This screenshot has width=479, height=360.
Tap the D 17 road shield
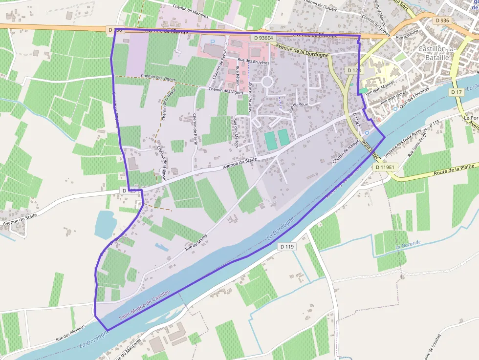457,92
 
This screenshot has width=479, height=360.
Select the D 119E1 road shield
386,167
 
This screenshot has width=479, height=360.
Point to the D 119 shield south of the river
287,247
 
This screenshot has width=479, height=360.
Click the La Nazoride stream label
408,245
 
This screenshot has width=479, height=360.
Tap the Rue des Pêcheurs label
70,332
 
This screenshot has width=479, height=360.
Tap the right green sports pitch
284,137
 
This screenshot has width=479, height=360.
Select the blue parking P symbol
213,42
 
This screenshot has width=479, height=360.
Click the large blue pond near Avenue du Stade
105,224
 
